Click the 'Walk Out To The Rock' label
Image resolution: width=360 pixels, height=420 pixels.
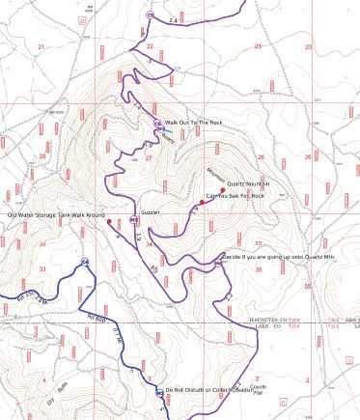coord(193,123)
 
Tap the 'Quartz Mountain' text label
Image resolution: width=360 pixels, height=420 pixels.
coord(248,183)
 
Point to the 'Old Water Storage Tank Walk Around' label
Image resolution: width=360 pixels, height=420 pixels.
coord(56,214)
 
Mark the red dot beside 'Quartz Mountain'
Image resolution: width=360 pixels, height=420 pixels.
coord(222,189)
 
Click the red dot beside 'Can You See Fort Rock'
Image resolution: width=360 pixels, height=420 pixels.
coord(202,203)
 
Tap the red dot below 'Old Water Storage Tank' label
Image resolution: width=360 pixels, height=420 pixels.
coord(109,222)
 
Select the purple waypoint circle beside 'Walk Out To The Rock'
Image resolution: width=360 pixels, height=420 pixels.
coord(157,124)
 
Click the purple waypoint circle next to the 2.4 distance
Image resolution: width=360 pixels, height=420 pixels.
coord(150,15)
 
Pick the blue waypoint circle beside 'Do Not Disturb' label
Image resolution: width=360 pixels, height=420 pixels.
coord(159,393)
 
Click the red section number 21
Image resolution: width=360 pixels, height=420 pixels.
coord(42,46)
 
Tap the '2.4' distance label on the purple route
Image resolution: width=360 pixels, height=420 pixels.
coord(173,19)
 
